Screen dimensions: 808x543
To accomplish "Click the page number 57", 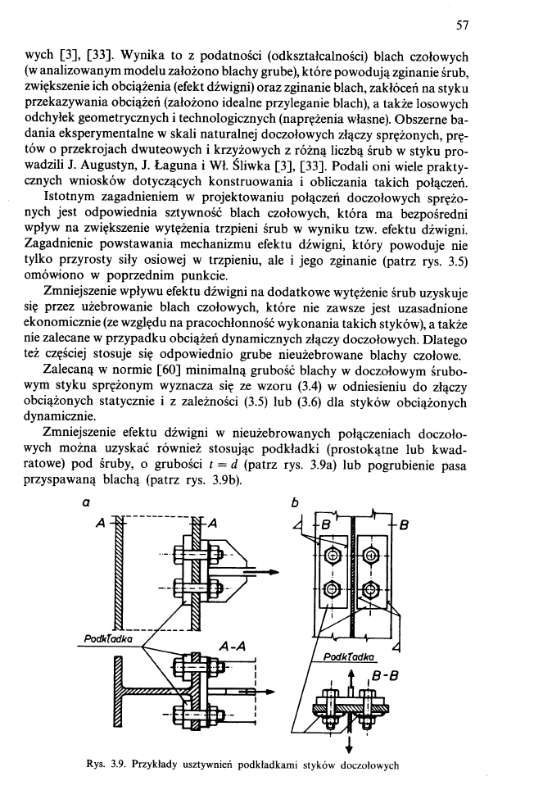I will (x=462, y=25).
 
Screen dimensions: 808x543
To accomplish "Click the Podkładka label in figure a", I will (x=112, y=637).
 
